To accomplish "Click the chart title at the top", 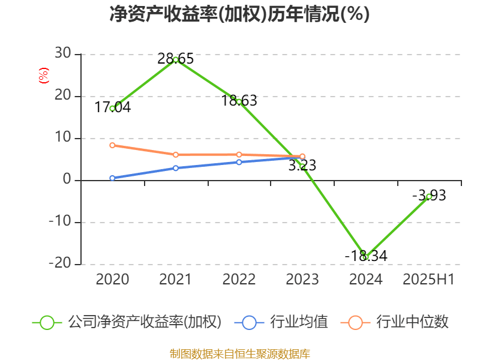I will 239,14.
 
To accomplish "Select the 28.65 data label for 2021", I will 176,58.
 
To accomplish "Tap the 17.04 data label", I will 113,107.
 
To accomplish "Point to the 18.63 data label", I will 239,101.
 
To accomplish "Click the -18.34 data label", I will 366,256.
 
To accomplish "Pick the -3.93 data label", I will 429,195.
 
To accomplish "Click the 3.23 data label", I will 302,166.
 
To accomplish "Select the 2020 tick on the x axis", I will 113,279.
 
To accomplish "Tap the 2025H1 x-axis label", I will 429,279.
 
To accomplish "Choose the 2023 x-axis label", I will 302,279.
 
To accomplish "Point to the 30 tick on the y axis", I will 63,54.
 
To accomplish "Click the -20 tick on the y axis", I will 60,264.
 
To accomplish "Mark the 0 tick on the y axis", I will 67,180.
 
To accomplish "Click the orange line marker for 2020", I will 112,145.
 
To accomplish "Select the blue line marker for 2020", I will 112,178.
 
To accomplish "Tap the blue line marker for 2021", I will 176,168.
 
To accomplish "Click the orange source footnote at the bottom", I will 239,353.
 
